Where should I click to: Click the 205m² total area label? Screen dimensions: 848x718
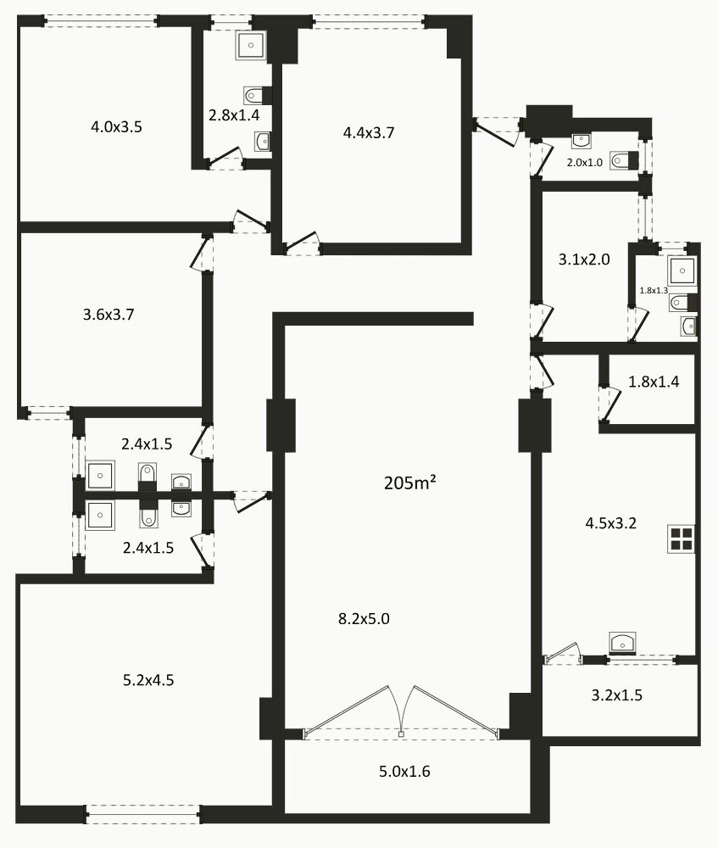[409, 483]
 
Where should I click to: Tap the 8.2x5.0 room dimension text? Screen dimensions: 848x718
[364, 618]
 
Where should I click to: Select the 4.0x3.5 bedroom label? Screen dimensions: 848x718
[116, 127]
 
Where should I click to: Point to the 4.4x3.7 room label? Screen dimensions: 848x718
[369, 131]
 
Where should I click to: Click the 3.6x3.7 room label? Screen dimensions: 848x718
[109, 314]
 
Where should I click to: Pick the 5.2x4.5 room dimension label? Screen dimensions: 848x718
[148, 679]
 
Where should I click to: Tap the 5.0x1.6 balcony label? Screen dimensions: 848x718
[404, 772]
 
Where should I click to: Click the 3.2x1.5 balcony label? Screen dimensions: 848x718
[616, 695]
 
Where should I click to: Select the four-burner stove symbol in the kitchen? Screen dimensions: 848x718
[681, 539]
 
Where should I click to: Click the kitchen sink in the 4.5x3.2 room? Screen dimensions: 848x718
[622, 644]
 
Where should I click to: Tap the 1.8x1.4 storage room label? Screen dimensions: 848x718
[654, 382]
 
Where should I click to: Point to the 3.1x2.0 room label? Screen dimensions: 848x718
[584, 260]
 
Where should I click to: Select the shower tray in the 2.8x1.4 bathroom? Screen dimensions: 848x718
[251, 45]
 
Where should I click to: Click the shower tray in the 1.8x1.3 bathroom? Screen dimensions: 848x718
[682, 271]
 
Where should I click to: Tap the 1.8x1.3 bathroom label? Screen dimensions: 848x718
[654, 290]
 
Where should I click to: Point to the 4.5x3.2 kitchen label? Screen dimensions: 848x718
[610, 523]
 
